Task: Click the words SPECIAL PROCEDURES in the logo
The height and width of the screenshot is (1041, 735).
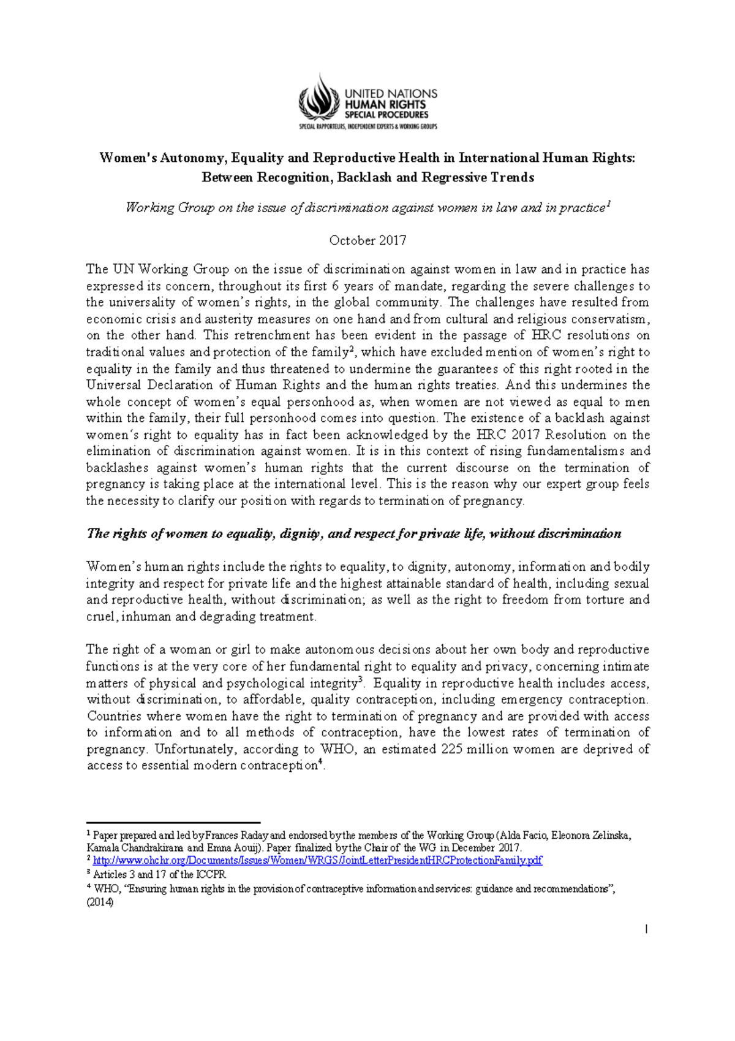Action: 386,115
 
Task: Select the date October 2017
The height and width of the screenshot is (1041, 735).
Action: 367,240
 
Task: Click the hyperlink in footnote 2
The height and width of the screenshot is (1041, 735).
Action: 317,861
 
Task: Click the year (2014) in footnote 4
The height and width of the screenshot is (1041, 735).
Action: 100,902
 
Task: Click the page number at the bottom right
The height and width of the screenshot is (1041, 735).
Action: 646,930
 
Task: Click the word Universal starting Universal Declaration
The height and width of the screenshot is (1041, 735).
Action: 113,386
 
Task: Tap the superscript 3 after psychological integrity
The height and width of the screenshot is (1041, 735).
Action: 361,679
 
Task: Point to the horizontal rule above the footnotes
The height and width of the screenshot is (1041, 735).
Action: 173,823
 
